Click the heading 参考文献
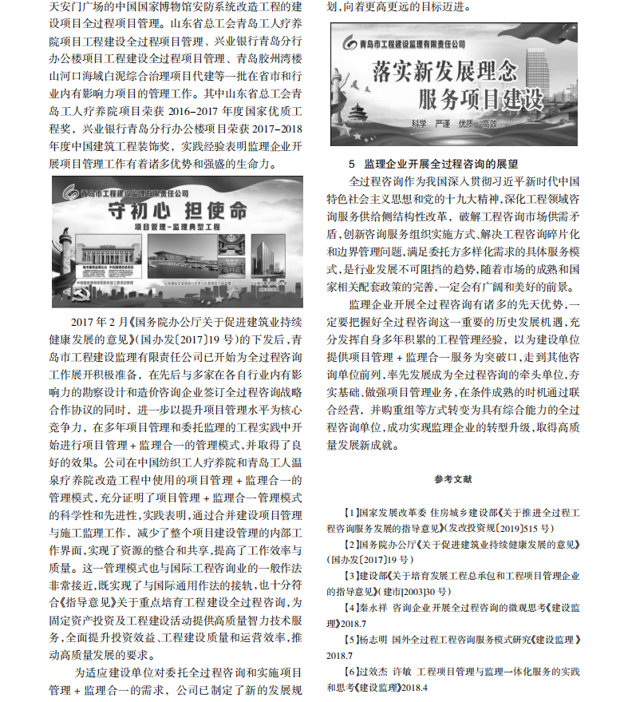(453, 479)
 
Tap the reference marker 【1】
(348, 512)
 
